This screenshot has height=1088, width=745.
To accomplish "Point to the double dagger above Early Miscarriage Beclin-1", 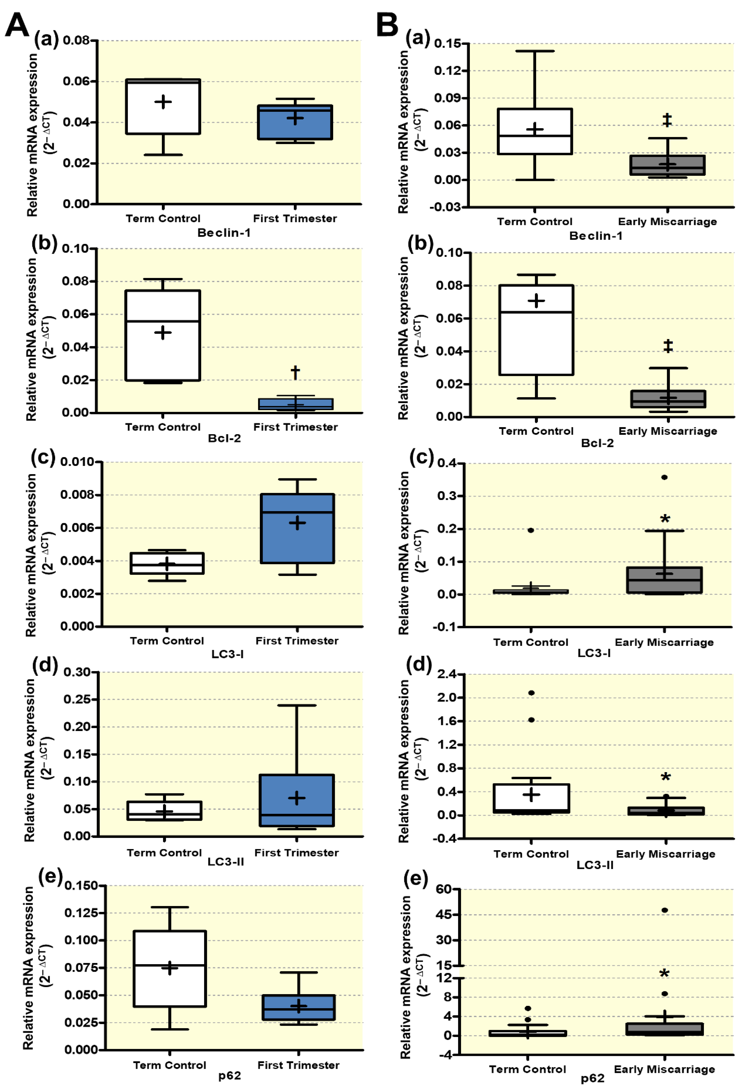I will tap(667, 120).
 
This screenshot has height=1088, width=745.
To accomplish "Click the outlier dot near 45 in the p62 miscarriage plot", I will tap(664, 910).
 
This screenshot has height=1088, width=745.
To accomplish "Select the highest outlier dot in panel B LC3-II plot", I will tap(531, 693).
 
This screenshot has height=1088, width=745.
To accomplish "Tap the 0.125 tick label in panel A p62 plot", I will tap(81, 913).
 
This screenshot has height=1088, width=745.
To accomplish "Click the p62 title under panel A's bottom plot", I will tap(230, 1075).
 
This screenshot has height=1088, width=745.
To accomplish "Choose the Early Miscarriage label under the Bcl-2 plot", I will tap(668, 431).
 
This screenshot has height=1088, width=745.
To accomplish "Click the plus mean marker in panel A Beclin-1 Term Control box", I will tap(163, 102).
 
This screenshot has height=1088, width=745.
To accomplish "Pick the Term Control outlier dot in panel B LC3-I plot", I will tap(531, 530).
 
